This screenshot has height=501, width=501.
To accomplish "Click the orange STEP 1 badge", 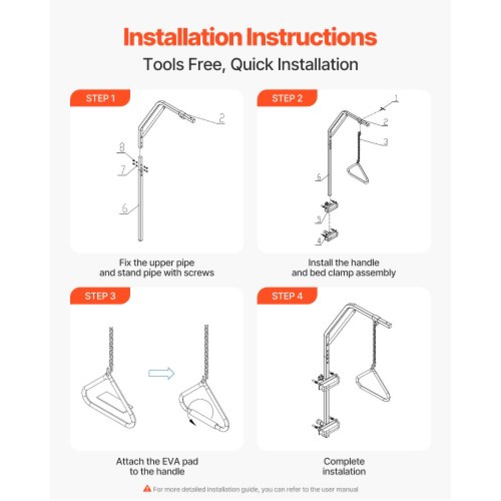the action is point(100,98).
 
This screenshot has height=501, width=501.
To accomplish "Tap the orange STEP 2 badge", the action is point(287,98).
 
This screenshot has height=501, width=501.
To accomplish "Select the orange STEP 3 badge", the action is point(100,296).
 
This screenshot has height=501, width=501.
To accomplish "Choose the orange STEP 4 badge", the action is point(287,296).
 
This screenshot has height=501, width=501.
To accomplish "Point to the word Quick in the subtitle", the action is point(252,64).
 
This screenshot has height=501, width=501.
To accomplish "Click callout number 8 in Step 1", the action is point(122,147).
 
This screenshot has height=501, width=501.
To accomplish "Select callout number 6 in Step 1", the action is point(124,208).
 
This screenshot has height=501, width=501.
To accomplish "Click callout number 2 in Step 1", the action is point(221,118).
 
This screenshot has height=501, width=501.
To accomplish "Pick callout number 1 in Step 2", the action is point(396,99).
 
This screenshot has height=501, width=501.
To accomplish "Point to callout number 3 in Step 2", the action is point(386,142).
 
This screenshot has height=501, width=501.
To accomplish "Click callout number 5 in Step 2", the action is point(319,220).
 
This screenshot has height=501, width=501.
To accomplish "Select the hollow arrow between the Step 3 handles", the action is point(161,373).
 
